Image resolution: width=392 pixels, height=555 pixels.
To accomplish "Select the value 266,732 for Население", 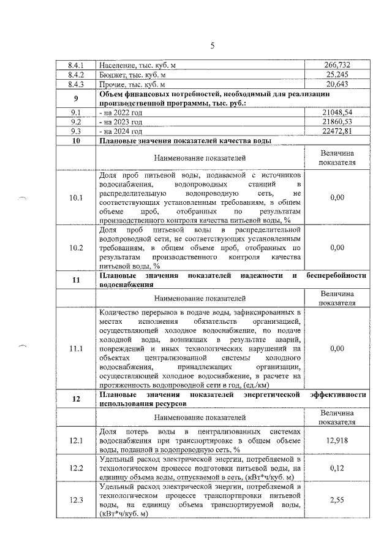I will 337,65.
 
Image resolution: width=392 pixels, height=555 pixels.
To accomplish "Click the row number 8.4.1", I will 76,65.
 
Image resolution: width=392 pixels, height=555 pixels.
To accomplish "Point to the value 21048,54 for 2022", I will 337,113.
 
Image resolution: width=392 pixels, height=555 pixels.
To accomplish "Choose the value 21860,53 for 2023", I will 337,122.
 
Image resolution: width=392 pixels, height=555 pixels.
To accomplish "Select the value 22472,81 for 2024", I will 337,131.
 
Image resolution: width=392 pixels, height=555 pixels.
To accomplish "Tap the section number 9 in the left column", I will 76,98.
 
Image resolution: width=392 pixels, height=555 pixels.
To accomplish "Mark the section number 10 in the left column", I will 76,141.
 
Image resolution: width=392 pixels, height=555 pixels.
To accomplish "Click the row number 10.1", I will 76,197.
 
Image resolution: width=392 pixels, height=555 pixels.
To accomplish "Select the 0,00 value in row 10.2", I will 337,248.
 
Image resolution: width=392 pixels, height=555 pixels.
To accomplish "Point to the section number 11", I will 76,280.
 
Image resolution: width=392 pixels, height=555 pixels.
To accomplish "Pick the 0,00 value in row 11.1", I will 337,348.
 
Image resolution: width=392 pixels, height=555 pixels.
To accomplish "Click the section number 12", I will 76,399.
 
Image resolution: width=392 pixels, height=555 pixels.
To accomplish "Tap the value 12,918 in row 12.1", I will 337,440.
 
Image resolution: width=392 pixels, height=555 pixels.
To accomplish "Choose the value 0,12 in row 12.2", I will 337,468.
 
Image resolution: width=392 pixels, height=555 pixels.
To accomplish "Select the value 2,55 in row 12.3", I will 337,500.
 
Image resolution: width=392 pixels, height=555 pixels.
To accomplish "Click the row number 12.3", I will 76,500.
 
